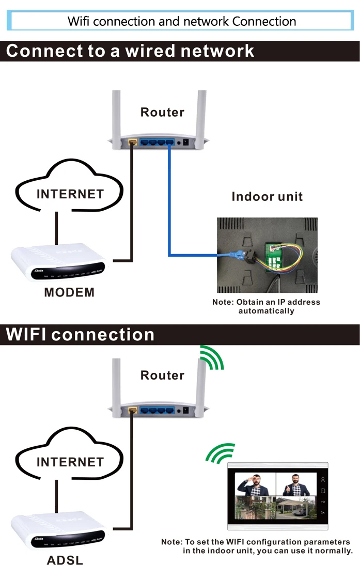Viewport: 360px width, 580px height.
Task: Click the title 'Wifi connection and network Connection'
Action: [x=182, y=21]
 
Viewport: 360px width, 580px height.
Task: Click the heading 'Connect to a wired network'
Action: [x=130, y=51]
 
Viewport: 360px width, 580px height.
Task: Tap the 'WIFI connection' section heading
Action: [x=80, y=335]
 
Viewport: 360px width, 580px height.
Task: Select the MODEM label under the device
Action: [x=69, y=292]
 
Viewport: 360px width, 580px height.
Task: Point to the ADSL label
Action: [x=65, y=560]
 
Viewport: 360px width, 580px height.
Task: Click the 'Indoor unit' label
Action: [x=267, y=196]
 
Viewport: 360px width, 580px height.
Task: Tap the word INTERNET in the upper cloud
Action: [x=70, y=194]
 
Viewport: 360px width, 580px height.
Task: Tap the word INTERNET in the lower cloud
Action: [x=70, y=462]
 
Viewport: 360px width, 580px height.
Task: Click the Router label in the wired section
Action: [x=162, y=112]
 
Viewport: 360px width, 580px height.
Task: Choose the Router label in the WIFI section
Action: [x=162, y=375]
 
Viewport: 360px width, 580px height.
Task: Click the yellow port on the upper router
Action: [x=133, y=141]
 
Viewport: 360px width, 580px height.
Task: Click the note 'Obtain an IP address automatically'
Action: [x=266, y=306]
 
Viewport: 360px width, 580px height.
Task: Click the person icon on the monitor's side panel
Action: [x=323, y=480]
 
